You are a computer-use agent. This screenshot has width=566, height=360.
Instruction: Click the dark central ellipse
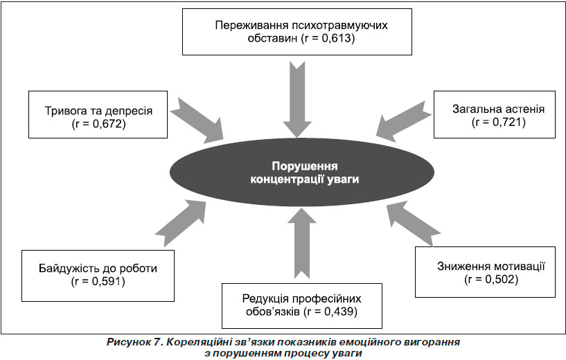(302, 172)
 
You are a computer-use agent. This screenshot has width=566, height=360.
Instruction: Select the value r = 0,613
(328, 38)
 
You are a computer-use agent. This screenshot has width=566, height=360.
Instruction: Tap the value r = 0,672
(98, 124)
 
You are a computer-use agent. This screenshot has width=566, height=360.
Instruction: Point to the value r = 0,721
(499, 123)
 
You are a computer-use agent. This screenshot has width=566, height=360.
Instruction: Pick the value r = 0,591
(98, 281)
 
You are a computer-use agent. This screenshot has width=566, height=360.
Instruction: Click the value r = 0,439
(330, 312)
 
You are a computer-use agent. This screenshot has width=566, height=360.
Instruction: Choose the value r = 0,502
(491, 280)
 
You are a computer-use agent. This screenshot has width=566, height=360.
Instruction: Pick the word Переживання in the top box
(251, 25)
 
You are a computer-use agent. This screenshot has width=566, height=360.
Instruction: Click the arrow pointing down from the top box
(297, 100)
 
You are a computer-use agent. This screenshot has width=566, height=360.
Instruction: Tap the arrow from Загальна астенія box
(404, 122)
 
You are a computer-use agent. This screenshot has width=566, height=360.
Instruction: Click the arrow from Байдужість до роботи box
(181, 223)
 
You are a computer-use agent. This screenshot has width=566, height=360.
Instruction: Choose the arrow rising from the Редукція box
(302, 243)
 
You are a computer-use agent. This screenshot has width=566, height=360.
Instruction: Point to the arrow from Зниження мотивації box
(414, 224)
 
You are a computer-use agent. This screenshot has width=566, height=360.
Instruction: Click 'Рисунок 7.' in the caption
(134, 342)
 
